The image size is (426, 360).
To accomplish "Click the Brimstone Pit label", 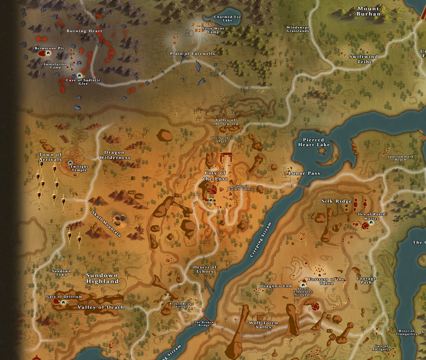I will pos(49,48).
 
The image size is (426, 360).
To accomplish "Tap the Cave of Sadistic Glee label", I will pos(83,82).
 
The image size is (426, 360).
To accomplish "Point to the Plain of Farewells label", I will pos(192,54).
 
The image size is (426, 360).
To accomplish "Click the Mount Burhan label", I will pos(368,11).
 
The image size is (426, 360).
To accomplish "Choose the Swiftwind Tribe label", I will pos(363,59).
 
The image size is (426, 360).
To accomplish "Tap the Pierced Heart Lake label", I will pos(314,142).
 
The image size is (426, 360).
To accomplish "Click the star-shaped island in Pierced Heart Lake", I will pos(321,151).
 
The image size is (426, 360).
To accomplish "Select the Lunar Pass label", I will pos(304,173).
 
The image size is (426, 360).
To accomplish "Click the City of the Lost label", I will pos(215,176).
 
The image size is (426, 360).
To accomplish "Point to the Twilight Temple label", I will pos(79,168).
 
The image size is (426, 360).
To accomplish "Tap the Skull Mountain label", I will pos(106,224).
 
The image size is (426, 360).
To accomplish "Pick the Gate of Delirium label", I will pos(59,297).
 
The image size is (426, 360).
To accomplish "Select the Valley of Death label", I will pos(100,307).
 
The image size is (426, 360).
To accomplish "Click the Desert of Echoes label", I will pos(205,269).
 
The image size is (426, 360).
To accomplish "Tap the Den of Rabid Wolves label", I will pos(371,217).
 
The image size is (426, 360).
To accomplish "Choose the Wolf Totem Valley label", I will pos(264,325).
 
